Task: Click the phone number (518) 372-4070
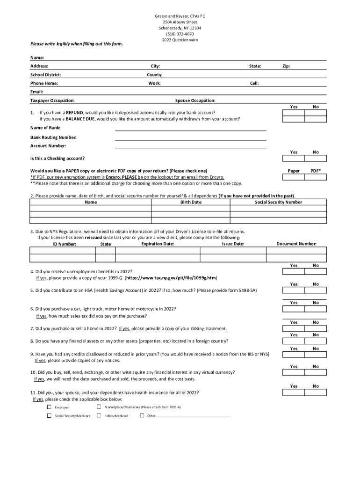pyautogui.click(x=180, y=34)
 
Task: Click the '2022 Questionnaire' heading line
pyautogui.click(x=180, y=40)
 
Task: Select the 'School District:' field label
pyautogui.click(x=45, y=75)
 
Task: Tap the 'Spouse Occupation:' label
pyautogui.click(x=195, y=101)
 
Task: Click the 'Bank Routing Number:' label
pyautogui.click(x=53, y=138)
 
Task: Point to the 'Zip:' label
pyautogui.click(x=286, y=66)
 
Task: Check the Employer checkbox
pyautogui.click(x=49, y=407)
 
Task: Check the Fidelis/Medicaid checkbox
pyautogui.click(x=99, y=415)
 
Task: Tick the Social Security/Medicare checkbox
pyautogui.click(x=49, y=415)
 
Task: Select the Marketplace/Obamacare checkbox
pyautogui.click(x=99, y=407)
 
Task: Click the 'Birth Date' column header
pyautogui.click(x=191, y=203)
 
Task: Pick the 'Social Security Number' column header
pyautogui.click(x=278, y=203)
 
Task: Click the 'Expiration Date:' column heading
pyautogui.click(x=158, y=244)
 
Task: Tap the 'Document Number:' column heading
pyautogui.click(x=296, y=244)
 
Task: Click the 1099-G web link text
pyautogui.click(x=171, y=278)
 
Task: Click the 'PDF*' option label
pyautogui.click(x=316, y=171)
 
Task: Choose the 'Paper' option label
pyautogui.click(x=294, y=171)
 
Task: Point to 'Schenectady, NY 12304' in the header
pyautogui.click(x=180, y=28)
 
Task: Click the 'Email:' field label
pyautogui.click(x=36, y=92)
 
